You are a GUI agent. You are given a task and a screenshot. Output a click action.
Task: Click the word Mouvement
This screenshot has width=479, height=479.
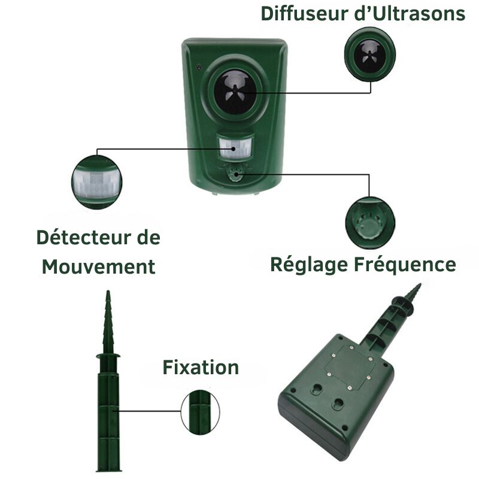[x=98, y=266]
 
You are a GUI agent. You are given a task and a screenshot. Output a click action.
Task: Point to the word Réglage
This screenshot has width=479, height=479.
[x=309, y=265]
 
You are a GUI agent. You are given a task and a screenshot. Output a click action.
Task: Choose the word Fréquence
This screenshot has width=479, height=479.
[x=405, y=265]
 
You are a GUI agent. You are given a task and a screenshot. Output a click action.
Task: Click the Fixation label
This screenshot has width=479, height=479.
[x=201, y=367]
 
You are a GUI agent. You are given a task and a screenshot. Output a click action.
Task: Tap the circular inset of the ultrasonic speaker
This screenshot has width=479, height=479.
[x=370, y=54]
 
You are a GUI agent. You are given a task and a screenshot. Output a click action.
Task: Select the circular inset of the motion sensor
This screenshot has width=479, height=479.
[x=97, y=182]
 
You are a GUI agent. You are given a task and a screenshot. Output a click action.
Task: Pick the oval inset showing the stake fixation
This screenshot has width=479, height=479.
[x=200, y=412]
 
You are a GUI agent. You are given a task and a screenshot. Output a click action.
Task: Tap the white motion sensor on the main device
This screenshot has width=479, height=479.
[x=235, y=148]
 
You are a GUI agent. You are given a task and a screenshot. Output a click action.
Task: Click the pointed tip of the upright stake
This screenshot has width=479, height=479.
[x=108, y=291]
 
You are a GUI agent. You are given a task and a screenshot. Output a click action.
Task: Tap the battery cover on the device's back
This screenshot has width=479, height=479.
[x=350, y=366]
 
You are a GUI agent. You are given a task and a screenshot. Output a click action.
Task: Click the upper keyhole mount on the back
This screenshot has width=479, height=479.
[x=317, y=389]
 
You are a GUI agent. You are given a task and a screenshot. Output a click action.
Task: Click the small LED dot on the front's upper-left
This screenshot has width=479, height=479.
[x=199, y=66]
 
